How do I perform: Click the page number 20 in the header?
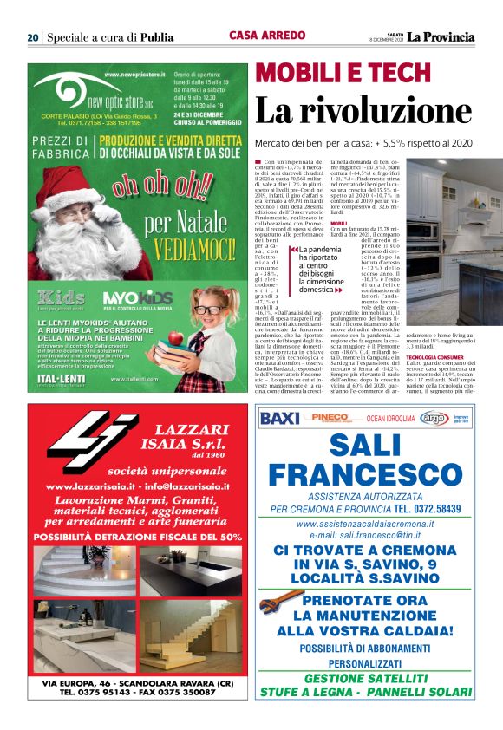[x=32, y=37]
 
